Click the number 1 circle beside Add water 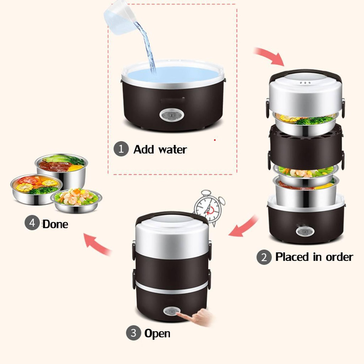(x=121, y=149)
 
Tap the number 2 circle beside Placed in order (x=264, y=257)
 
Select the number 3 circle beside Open (x=133, y=333)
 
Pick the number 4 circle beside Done (x=32, y=224)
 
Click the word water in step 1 (x=172, y=149)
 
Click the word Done (x=55, y=224)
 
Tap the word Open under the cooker (x=157, y=333)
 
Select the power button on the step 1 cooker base (x=169, y=115)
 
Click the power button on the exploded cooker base (x=305, y=231)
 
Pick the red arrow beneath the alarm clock (x=244, y=227)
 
